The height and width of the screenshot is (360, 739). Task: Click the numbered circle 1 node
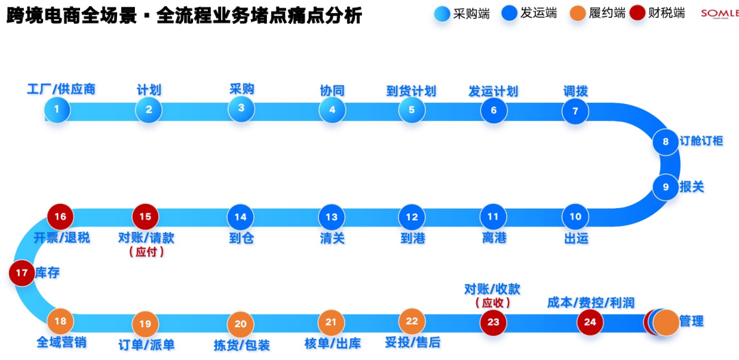click(x=57, y=110)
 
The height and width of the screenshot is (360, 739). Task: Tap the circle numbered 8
click(x=665, y=142)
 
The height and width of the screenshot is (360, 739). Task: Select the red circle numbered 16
click(x=60, y=217)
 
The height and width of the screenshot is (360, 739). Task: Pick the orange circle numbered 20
click(x=240, y=324)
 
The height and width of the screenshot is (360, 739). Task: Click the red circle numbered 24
click(x=590, y=322)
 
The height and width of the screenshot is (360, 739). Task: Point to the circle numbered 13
click(x=331, y=217)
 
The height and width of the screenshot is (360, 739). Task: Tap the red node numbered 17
click(x=22, y=273)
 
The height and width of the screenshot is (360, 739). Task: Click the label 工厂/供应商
click(x=61, y=89)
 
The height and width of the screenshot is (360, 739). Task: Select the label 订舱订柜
click(x=701, y=142)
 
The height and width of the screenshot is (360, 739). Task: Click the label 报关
click(x=692, y=186)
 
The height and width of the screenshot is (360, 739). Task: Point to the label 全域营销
click(x=61, y=342)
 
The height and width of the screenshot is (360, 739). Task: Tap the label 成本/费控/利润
click(x=591, y=302)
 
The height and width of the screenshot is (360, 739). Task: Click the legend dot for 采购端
click(x=442, y=14)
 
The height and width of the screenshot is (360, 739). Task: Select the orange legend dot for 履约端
click(x=578, y=14)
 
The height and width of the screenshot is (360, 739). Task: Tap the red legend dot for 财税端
click(x=638, y=14)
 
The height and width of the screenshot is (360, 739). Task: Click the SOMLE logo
click(x=719, y=14)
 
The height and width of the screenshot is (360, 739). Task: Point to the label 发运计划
click(x=493, y=91)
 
